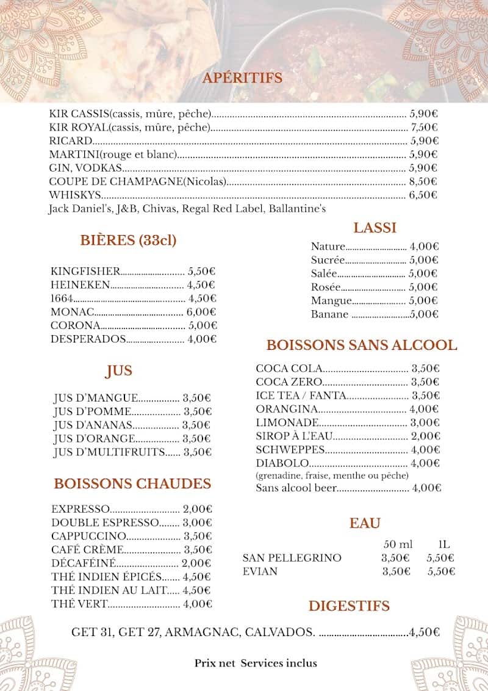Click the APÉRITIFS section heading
pyautogui.click(x=243, y=78)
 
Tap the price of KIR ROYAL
pyautogui.click(x=424, y=128)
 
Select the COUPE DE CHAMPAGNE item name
pyautogui.click(x=138, y=181)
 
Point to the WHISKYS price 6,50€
pyautogui.click(x=424, y=195)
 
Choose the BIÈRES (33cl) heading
pyautogui.click(x=128, y=241)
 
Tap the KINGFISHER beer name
pyautogui.click(x=85, y=271)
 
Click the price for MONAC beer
pyautogui.click(x=201, y=311)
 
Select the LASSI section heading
pyautogui.click(x=375, y=228)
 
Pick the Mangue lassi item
pyautogui.click(x=331, y=300)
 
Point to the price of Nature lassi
pyautogui.click(x=424, y=247)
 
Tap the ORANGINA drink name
pyautogui.click(x=287, y=409)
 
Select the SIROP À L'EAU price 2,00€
pyautogui.click(x=425, y=436)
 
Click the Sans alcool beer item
pyautogui.click(x=296, y=488)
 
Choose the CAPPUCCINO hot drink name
pyautogui.click(x=88, y=536)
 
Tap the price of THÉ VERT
pyautogui.click(x=198, y=604)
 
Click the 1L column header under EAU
pyautogui.click(x=443, y=544)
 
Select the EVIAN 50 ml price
pyautogui.click(x=396, y=571)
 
